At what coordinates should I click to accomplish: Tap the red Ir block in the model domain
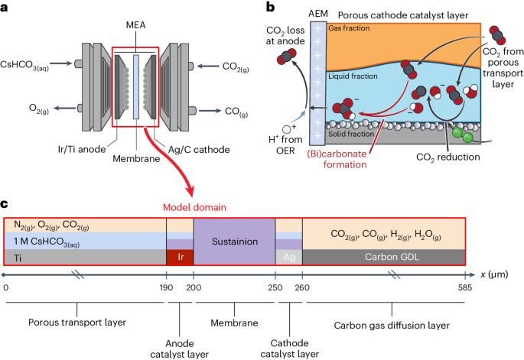click(180, 258)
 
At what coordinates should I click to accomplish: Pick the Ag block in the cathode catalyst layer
click(289, 258)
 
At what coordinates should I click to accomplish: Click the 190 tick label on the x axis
click(167, 287)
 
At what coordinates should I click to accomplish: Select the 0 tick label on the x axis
click(6, 287)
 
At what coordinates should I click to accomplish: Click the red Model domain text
click(188, 207)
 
